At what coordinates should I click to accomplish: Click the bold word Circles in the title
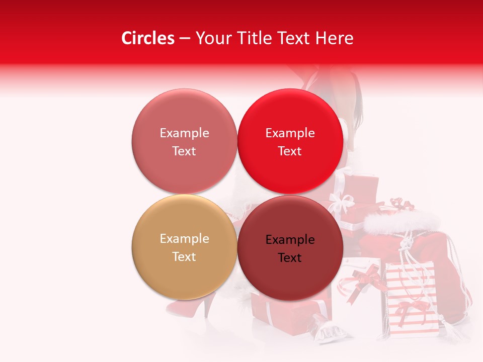click(x=147, y=38)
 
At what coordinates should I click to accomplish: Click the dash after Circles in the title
click(x=184, y=39)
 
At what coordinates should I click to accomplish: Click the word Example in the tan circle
click(x=184, y=239)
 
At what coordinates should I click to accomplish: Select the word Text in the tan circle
click(x=184, y=256)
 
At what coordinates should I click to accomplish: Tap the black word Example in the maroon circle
click(x=290, y=240)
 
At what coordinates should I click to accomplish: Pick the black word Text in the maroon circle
click(x=290, y=257)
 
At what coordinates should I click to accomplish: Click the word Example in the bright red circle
click(x=290, y=133)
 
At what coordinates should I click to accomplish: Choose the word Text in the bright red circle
click(x=290, y=151)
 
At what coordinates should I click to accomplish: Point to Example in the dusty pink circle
click(x=184, y=133)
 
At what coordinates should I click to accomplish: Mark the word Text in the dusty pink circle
click(x=184, y=151)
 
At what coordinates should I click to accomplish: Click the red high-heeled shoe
click(x=189, y=306)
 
